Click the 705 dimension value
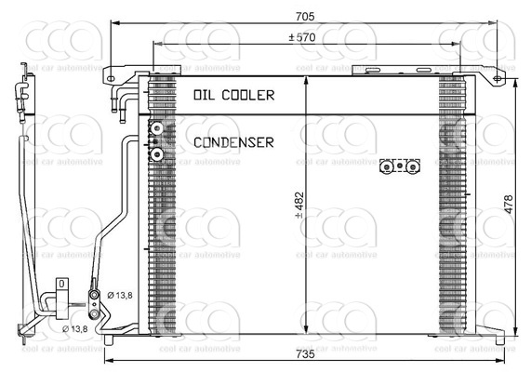[x=305, y=16]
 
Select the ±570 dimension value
[x=301, y=37]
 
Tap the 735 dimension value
[x=305, y=354]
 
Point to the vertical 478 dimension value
[x=509, y=205]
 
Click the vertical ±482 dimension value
[x=299, y=206]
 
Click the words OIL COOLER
[x=234, y=95]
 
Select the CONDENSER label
[x=233, y=142]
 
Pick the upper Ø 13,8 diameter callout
[x=120, y=296]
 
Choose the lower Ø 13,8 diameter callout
[x=75, y=328]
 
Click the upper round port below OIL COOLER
[x=157, y=128]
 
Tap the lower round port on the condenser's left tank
[x=157, y=154]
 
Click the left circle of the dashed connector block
[x=386, y=167]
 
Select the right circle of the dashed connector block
[x=413, y=167]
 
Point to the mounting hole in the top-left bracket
[x=111, y=79]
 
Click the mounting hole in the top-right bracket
[x=497, y=79]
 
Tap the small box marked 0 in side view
[x=61, y=284]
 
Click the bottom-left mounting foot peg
[x=109, y=339]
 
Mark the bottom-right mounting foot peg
[x=499, y=339]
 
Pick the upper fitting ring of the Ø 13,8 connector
[x=94, y=296]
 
